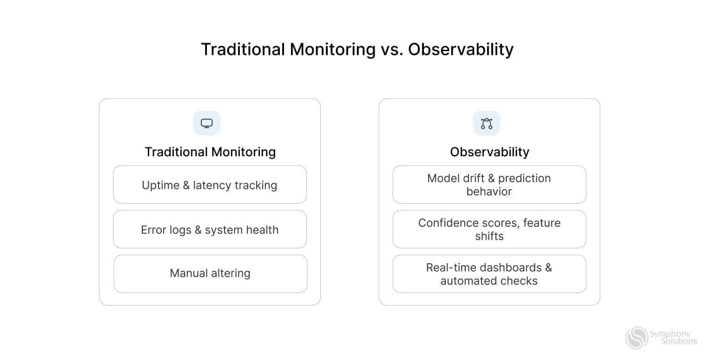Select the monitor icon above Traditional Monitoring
tap(207, 123)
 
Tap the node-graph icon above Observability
tap(486, 123)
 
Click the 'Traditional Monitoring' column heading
tap(210, 152)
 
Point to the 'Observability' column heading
tap(489, 152)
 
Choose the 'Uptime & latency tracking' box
tap(210, 185)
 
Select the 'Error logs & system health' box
tap(210, 229)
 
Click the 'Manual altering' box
tap(210, 273)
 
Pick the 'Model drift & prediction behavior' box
tap(489, 185)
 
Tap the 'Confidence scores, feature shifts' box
tap(489, 229)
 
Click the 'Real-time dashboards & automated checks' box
tap(489, 274)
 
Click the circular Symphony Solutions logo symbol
tap(637, 338)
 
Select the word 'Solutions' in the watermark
tap(679, 341)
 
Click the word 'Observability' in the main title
tap(461, 49)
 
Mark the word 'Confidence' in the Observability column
tap(445, 223)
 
